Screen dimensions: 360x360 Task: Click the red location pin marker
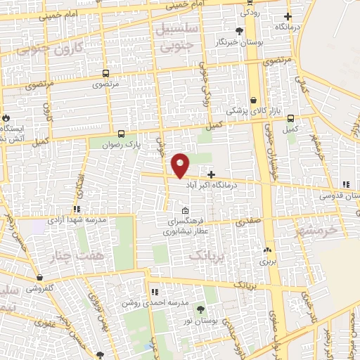pos(181,165)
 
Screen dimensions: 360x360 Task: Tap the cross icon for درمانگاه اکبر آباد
pos(211,173)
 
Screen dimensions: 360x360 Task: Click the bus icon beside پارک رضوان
pos(121,134)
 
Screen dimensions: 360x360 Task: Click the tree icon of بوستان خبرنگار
pos(240,31)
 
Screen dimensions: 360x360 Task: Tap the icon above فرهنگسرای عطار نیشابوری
pos(185,211)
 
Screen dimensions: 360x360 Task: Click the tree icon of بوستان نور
pos(201,309)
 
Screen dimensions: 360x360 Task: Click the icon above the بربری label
pos(266,250)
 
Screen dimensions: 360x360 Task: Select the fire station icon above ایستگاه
pos(6,117)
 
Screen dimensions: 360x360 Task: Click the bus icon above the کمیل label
pos(291,118)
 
